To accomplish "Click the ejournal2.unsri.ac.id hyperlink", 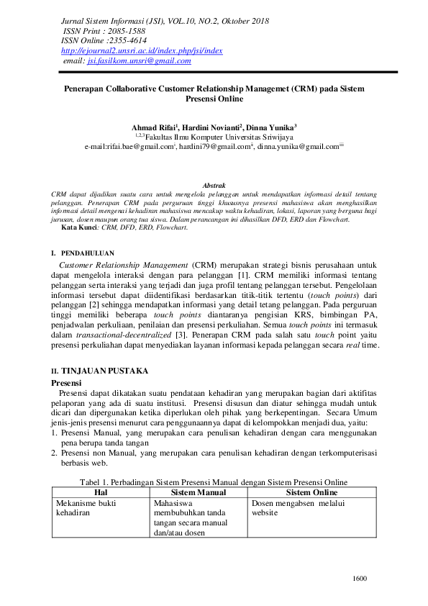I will click(142, 51).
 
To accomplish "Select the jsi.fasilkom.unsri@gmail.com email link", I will click(139, 61).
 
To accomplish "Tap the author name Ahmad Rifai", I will click(155, 127).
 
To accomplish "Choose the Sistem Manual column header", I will click(197, 492).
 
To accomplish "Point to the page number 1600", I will click(359, 578).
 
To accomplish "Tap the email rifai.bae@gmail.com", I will click(140, 146).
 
